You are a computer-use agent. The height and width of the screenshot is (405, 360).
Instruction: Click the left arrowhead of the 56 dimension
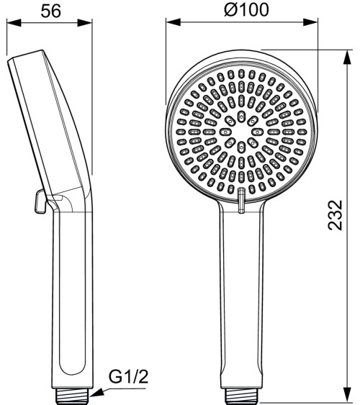[9, 22]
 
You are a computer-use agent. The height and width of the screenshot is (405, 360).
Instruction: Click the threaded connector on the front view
[242, 394]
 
